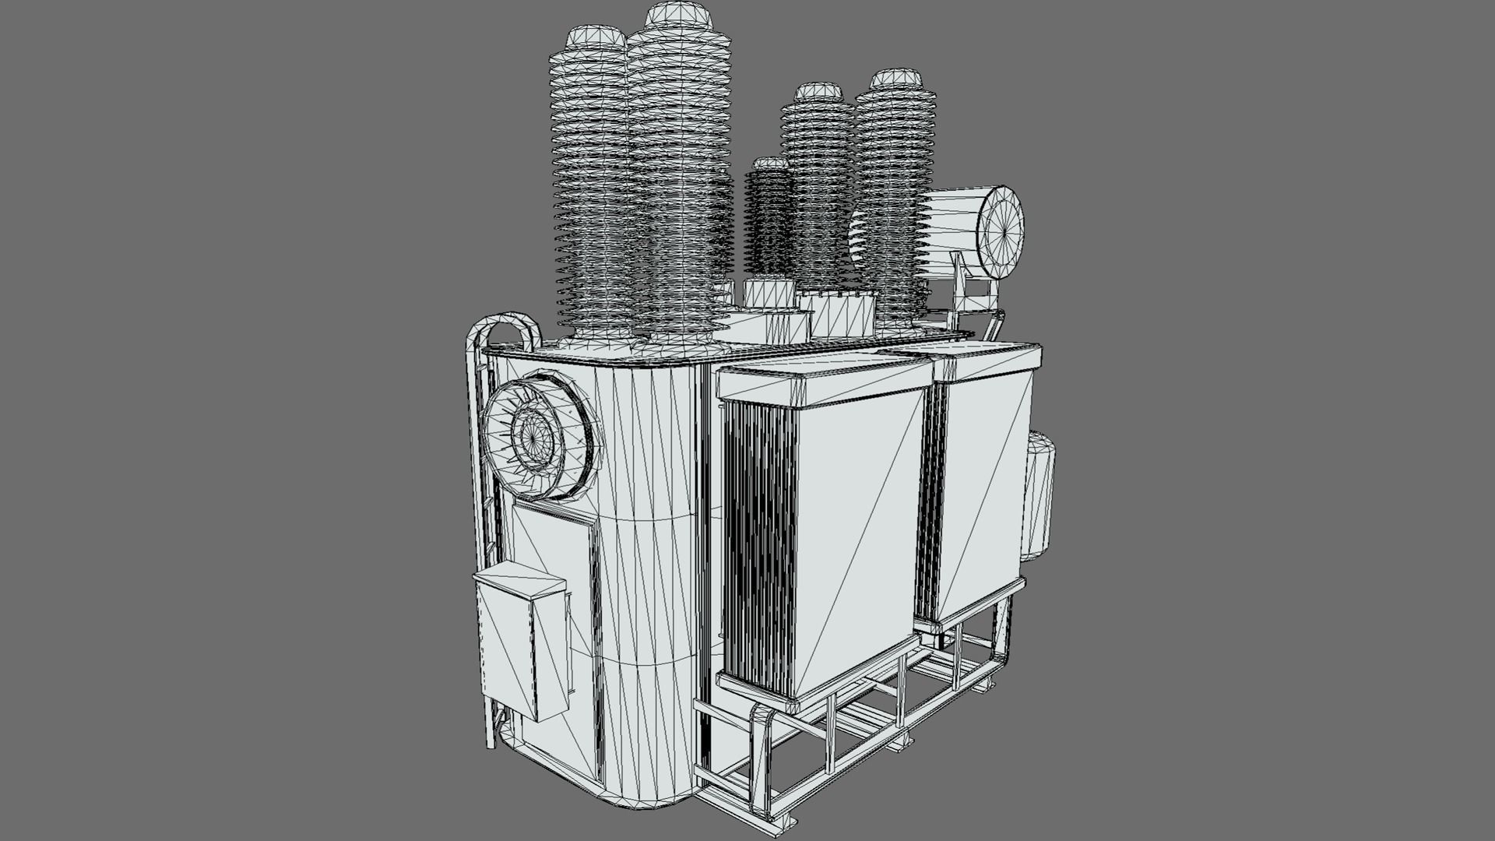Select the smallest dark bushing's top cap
click(771, 164)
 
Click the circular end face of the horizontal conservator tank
click(1001, 232)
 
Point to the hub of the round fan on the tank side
click(533, 438)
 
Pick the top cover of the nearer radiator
click(825, 378)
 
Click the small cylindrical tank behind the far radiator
click(1039, 494)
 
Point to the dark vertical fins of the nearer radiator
click(759, 545)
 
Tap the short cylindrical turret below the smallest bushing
click(769, 294)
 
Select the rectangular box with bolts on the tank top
click(837, 313)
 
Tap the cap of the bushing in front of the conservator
click(896, 78)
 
